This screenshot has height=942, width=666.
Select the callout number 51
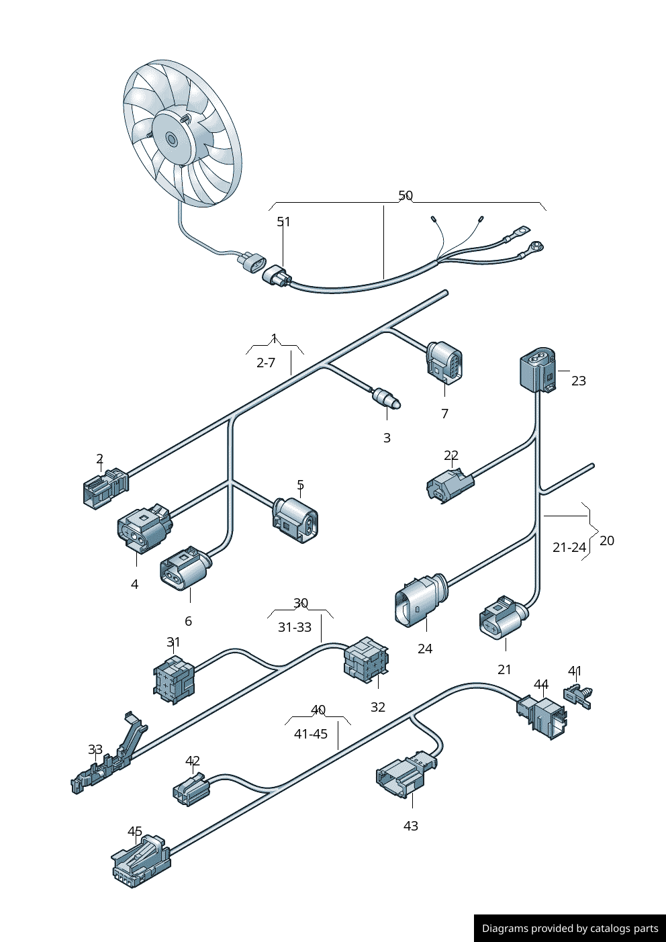[x=284, y=222]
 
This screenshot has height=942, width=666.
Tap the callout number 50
[x=406, y=195]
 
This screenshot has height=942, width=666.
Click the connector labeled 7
[x=444, y=363]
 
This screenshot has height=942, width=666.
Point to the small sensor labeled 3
[x=387, y=398]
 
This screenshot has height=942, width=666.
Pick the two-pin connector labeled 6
[x=184, y=569]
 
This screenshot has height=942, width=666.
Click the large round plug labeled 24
[x=419, y=598]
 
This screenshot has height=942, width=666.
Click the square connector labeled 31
[x=174, y=678]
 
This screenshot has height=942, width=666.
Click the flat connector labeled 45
[x=140, y=861]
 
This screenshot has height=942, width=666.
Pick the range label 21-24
[x=569, y=547]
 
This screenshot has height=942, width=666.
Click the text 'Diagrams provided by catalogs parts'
[x=570, y=929]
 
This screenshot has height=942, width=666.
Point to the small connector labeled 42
[x=191, y=790]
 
